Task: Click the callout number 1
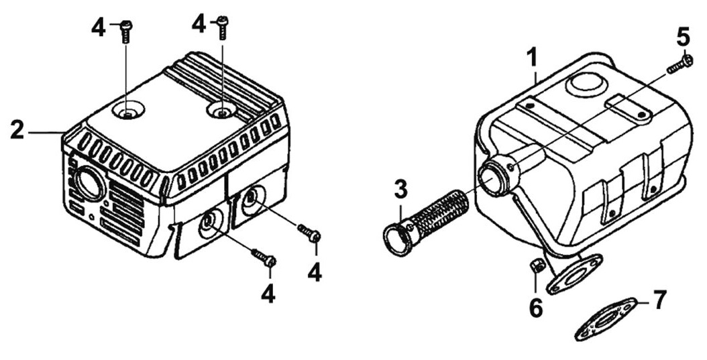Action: coord(533,59)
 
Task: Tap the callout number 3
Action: coord(400,189)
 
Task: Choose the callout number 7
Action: coord(659,300)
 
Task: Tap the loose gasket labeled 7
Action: coord(605,319)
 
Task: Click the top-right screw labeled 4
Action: coord(222,27)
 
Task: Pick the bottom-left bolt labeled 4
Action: coord(264,257)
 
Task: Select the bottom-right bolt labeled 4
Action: coord(309,233)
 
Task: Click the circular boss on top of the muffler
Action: coord(586,84)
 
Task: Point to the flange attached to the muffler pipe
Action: coord(574,274)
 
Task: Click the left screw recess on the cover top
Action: coord(128,111)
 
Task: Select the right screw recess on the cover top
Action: coord(221,109)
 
